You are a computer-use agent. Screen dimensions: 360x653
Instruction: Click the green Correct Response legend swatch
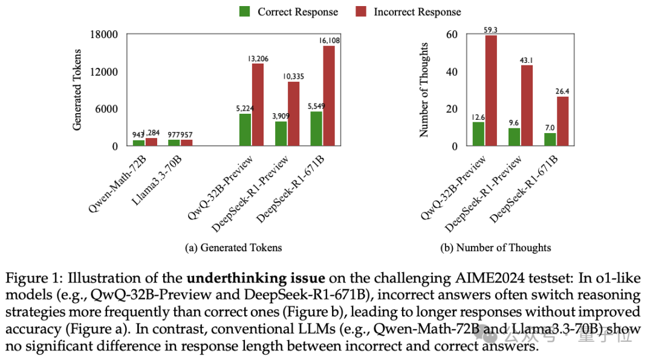click(x=245, y=11)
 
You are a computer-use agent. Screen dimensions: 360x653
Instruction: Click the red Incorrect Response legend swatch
click(x=362, y=11)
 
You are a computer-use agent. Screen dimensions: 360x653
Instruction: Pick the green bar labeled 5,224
click(x=245, y=129)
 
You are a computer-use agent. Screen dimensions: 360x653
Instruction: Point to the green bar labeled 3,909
click(x=281, y=134)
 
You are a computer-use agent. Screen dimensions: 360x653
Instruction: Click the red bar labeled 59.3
click(x=491, y=91)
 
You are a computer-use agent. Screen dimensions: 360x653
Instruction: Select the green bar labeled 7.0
click(x=550, y=139)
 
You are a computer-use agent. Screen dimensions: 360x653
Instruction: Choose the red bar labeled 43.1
click(x=527, y=105)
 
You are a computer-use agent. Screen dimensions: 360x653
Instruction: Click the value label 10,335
click(x=293, y=76)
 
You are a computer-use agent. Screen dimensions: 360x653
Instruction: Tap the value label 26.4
click(x=562, y=91)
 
